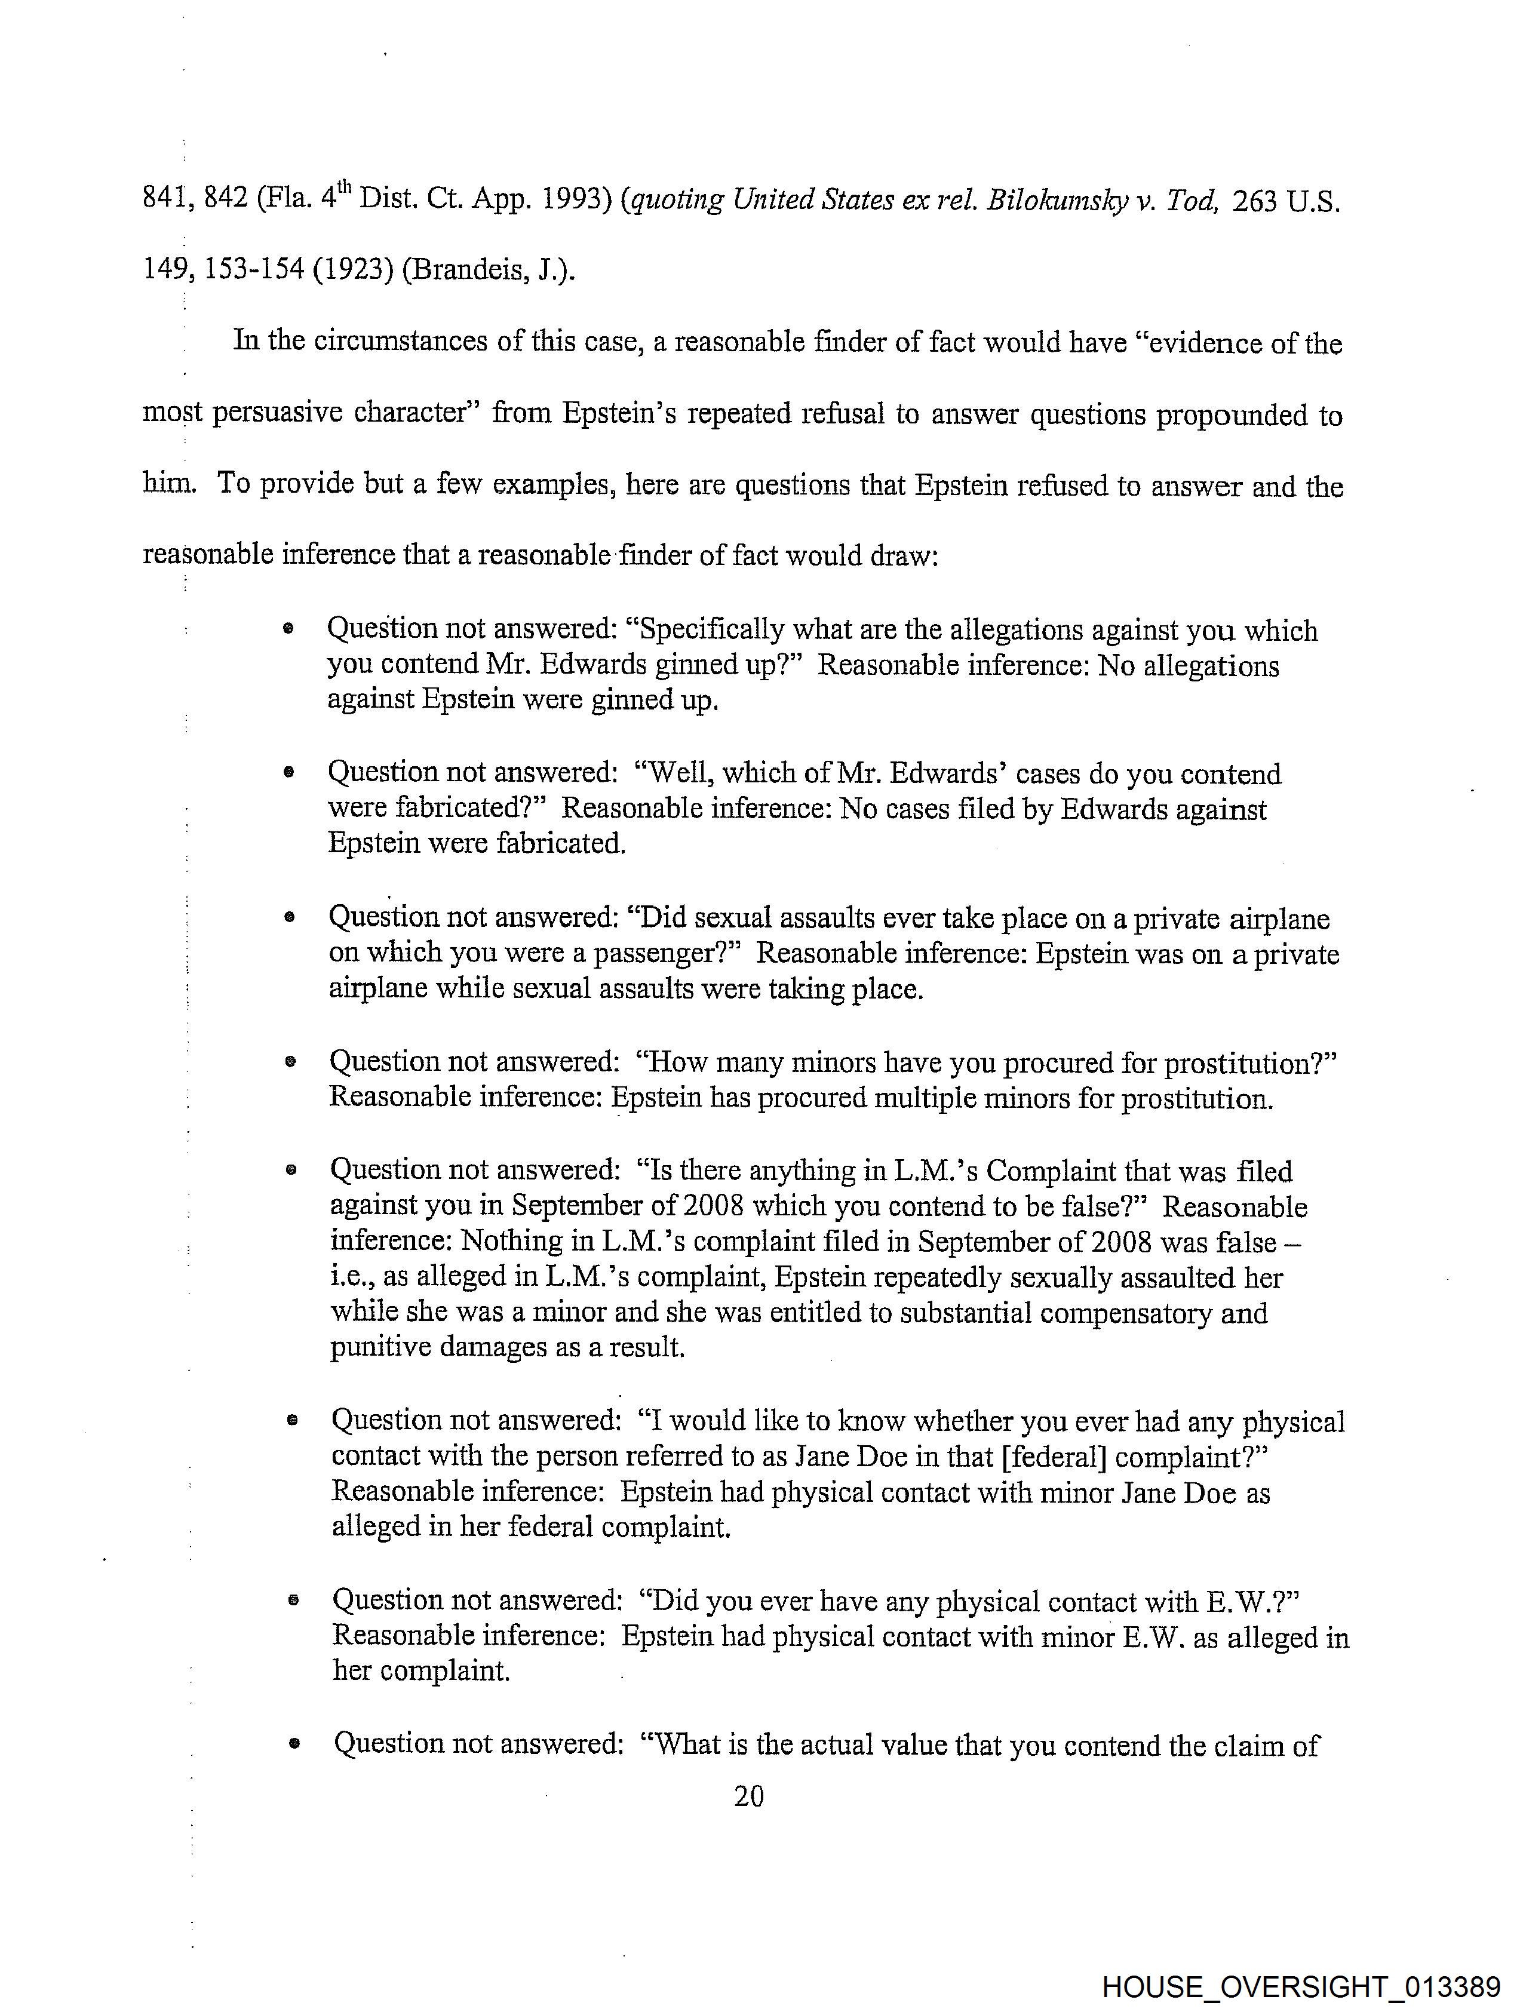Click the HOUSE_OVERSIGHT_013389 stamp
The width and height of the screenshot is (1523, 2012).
point(1301,1986)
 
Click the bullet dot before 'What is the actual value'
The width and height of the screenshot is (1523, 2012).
point(293,1744)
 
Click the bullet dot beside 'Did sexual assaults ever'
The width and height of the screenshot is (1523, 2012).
point(289,918)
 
